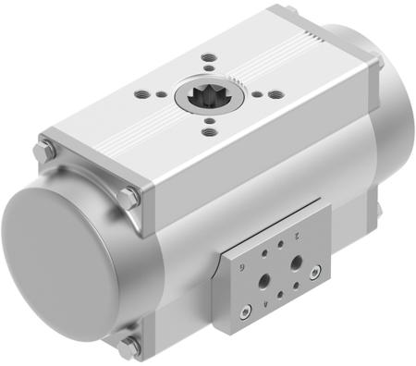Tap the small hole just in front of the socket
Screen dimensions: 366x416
coord(210,118)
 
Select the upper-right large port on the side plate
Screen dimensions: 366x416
coord(296,263)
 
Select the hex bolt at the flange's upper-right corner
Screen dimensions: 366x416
coord(129,197)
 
